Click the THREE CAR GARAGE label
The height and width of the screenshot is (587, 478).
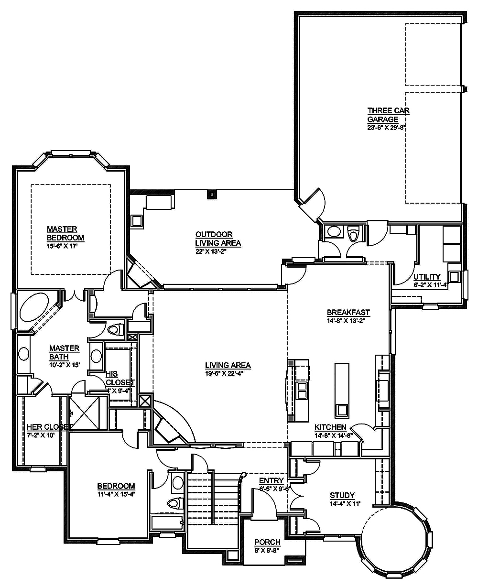pyautogui.click(x=388, y=115)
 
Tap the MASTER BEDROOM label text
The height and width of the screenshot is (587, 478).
pyautogui.click(x=65, y=233)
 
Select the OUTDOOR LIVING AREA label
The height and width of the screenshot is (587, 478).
pyautogui.click(x=217, y=239)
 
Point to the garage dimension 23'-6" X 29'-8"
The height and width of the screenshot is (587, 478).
pyautogui.click(x=386, y=128)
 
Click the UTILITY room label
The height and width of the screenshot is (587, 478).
pyautogui.click(x=427, y=277)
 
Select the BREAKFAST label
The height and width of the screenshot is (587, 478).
pyautogui.click(x=348, y=313)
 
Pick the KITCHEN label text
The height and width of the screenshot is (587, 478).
pyautogui.click(x=330, y=427)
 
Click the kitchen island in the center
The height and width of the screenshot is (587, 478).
pyautogui.click(x=342, y=390)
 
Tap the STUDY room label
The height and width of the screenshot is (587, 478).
pyautogui.click(x=342, y=495)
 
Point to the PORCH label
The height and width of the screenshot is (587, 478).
pyautogui.click(x=267, y=542)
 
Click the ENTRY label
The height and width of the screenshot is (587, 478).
pyautogui.click(x=271, y=480)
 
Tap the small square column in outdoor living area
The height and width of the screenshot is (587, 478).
pyautogui.click(x=211, y=194)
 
